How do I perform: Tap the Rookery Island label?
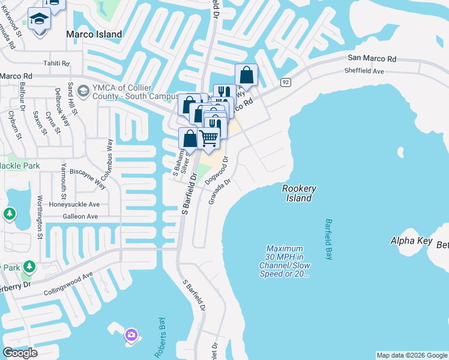click(x=299, y=193)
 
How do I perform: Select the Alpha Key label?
click(x=411, y=241)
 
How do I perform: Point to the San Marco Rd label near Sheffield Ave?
click(x=372, y=59)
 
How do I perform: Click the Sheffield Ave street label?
click(x=364, y=71)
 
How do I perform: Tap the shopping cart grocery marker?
click(x=208, y=138)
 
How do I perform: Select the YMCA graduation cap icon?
click(x=83, y=91)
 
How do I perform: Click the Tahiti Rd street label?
click(x=56, y=63)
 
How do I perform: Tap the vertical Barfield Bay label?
click(x=330, y=238)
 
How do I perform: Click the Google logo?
click(x=20, y=353)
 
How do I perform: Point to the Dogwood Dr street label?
click(x=217, y=170)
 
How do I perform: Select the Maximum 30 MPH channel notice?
click(x=285, y=261)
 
